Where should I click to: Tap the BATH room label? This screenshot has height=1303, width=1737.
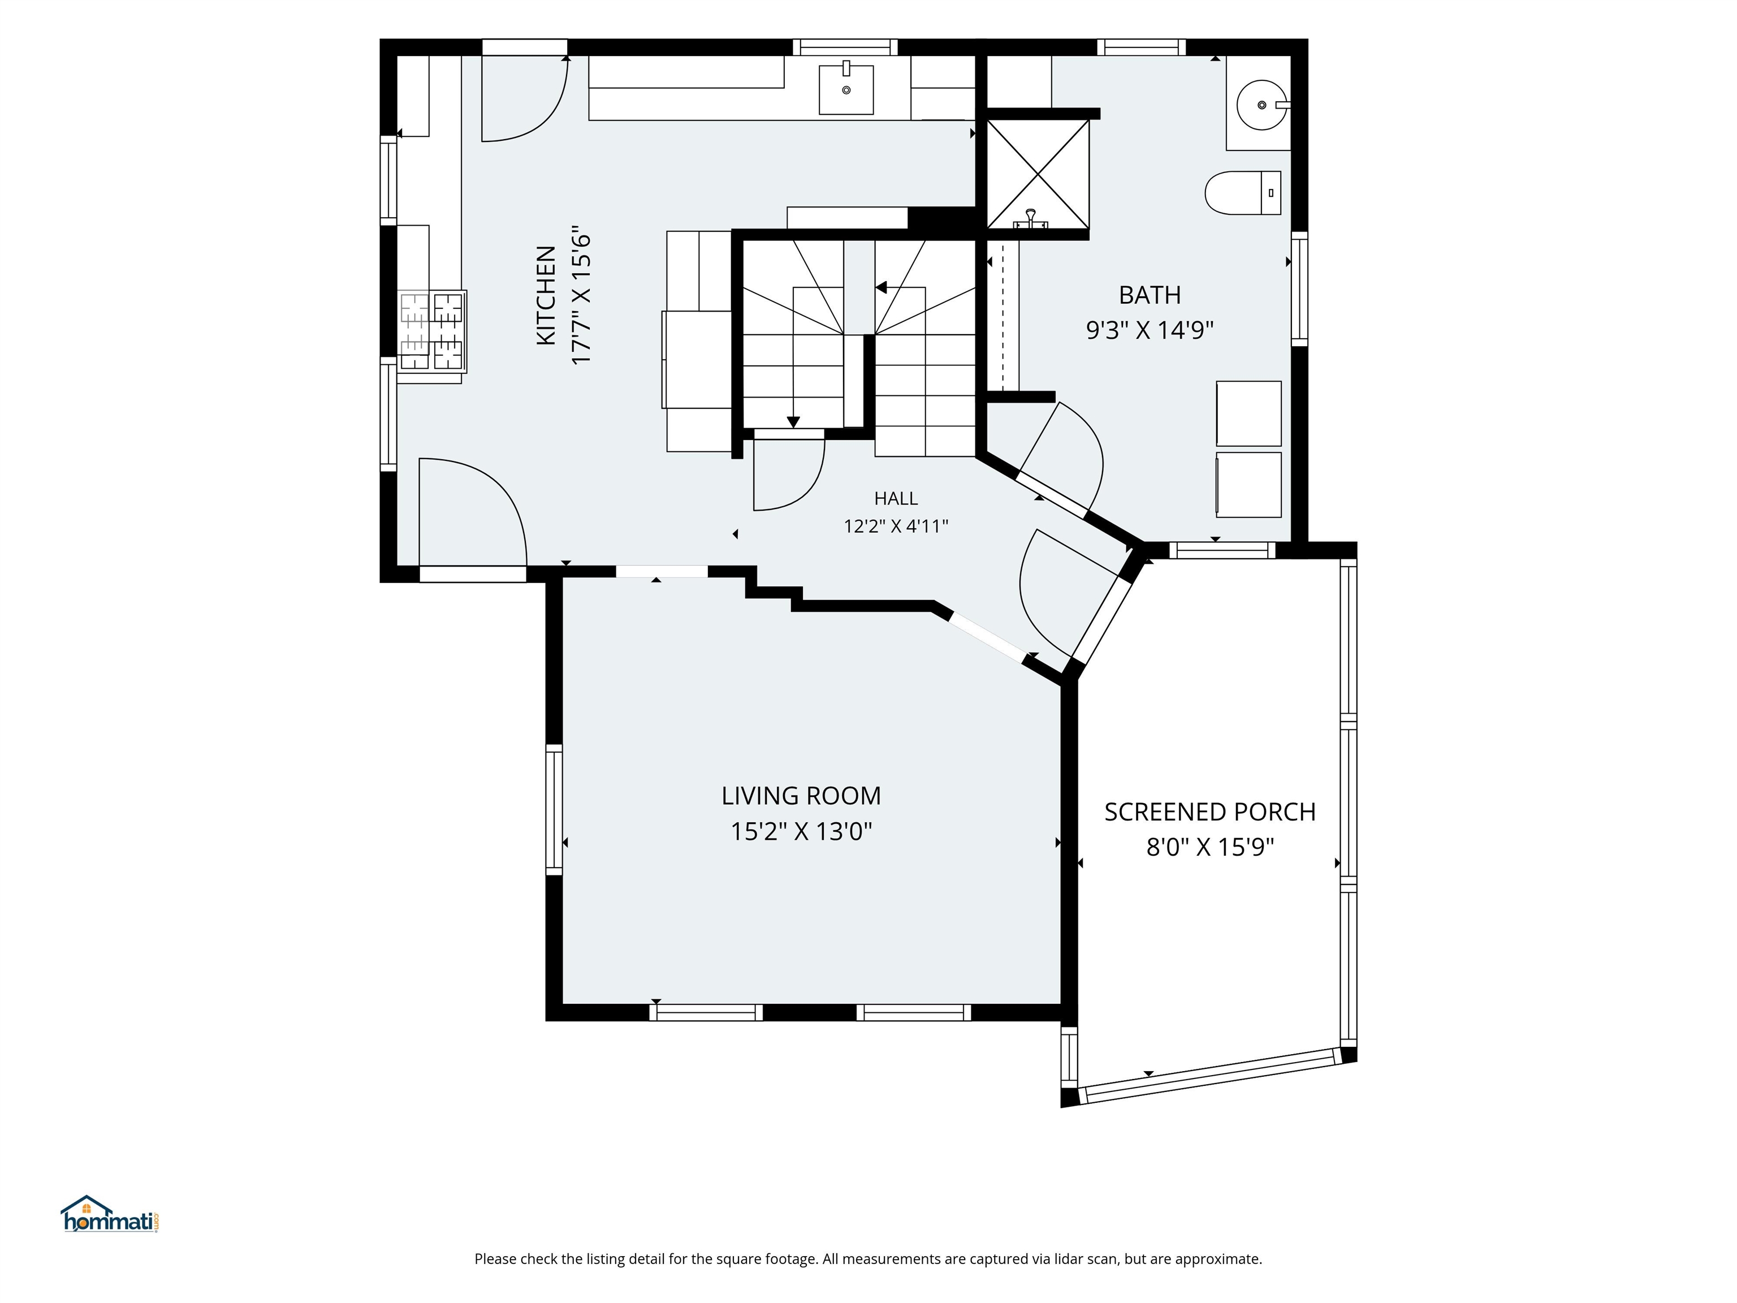click(1150, 295)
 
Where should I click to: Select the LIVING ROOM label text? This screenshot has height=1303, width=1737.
click(801, 796)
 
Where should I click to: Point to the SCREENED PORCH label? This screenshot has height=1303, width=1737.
click(1210, 812)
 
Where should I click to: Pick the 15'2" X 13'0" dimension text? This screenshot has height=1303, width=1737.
click(802, 831)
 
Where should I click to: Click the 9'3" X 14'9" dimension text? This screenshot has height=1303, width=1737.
click(1150, 330)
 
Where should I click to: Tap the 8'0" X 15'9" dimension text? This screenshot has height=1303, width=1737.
click(1210, 847)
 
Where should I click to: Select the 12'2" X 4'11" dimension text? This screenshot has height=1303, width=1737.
click(896, 526)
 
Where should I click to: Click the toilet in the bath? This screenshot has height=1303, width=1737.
click(1242, 192)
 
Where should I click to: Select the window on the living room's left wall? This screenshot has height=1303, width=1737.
click(554, 810)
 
